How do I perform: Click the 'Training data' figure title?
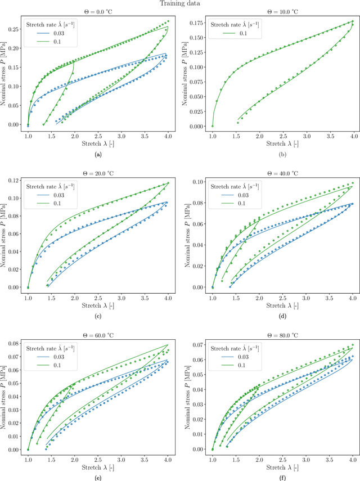coord(180,3)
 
